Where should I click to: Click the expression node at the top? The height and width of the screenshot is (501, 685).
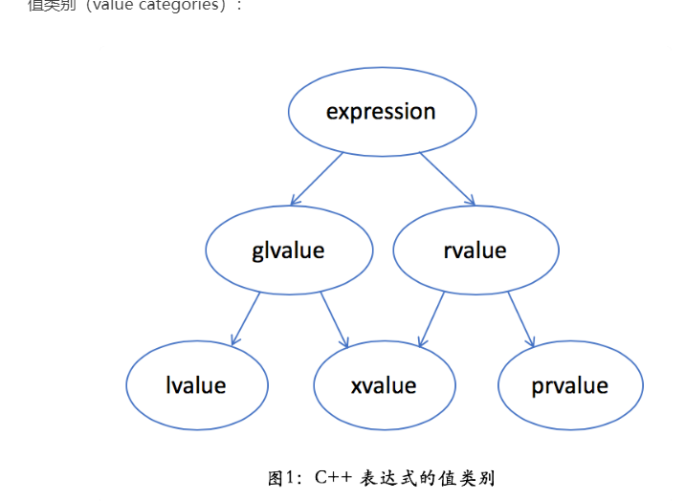(x=382, y=112)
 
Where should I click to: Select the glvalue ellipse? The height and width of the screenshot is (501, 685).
(x=288, y=250)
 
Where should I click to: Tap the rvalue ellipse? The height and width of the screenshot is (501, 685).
(x=475, y=250)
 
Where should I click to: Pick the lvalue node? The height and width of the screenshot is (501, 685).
(x=196, y=385)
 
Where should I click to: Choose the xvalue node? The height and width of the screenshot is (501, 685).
(x=384, y=385)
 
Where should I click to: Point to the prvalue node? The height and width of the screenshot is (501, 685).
(x=570, y=385)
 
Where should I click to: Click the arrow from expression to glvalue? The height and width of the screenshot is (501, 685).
(x=317, y=179)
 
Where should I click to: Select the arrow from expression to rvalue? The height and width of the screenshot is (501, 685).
(x=447, y=179)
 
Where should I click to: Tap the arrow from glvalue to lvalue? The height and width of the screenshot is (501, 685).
(x=246, y=318)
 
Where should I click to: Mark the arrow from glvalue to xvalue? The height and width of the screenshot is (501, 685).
(x=334, y=318)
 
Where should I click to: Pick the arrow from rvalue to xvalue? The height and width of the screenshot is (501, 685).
(x=431, y=318)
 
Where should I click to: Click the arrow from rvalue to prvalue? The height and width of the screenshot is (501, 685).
(x=520, y=318)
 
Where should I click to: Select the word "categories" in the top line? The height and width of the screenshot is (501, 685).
(x=187, y=6)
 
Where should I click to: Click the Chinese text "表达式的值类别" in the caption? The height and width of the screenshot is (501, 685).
(x=427, y=478)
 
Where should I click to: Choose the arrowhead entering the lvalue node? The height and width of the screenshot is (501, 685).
(x=234, y=340)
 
